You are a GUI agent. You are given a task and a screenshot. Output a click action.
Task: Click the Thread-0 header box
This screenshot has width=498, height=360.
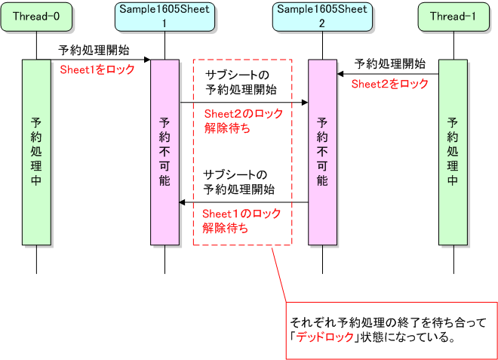(36, 17)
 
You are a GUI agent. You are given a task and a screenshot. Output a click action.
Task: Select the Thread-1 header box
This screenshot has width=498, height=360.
(453, 17)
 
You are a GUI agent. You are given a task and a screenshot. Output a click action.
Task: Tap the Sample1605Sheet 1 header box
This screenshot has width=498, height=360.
(164, 17)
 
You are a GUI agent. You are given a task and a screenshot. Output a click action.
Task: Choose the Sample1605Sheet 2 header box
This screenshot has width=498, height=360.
(322, 17)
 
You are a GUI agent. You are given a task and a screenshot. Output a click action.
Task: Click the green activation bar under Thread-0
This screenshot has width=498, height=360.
(36, 151)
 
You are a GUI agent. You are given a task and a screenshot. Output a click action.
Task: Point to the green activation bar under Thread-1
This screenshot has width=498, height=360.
(453, 151)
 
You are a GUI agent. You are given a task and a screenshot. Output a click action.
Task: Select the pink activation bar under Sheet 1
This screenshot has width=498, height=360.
(164, 151)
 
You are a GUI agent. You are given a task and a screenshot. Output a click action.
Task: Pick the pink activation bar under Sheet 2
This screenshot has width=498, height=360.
(322, 151)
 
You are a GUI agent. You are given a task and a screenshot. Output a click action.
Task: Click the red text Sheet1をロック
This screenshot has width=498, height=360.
(97, 69)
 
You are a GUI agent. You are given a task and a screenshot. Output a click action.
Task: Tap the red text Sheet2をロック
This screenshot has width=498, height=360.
(389, 83)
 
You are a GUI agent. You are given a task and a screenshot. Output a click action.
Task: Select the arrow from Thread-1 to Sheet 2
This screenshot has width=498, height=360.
(388, 74)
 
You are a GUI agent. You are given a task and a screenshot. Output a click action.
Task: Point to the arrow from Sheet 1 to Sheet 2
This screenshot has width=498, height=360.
(244, 102)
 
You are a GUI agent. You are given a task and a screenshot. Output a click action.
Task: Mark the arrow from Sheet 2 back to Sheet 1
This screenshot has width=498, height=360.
(244, 202)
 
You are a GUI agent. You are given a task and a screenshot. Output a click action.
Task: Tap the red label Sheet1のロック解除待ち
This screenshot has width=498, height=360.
(241, 221)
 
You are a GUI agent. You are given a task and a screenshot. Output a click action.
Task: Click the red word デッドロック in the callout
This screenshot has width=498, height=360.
(324, 337)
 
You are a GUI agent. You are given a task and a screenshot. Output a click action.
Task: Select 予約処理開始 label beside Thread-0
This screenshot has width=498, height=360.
(94, 50)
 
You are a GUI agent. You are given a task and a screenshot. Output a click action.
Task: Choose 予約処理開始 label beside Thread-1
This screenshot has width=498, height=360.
(389, 63)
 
